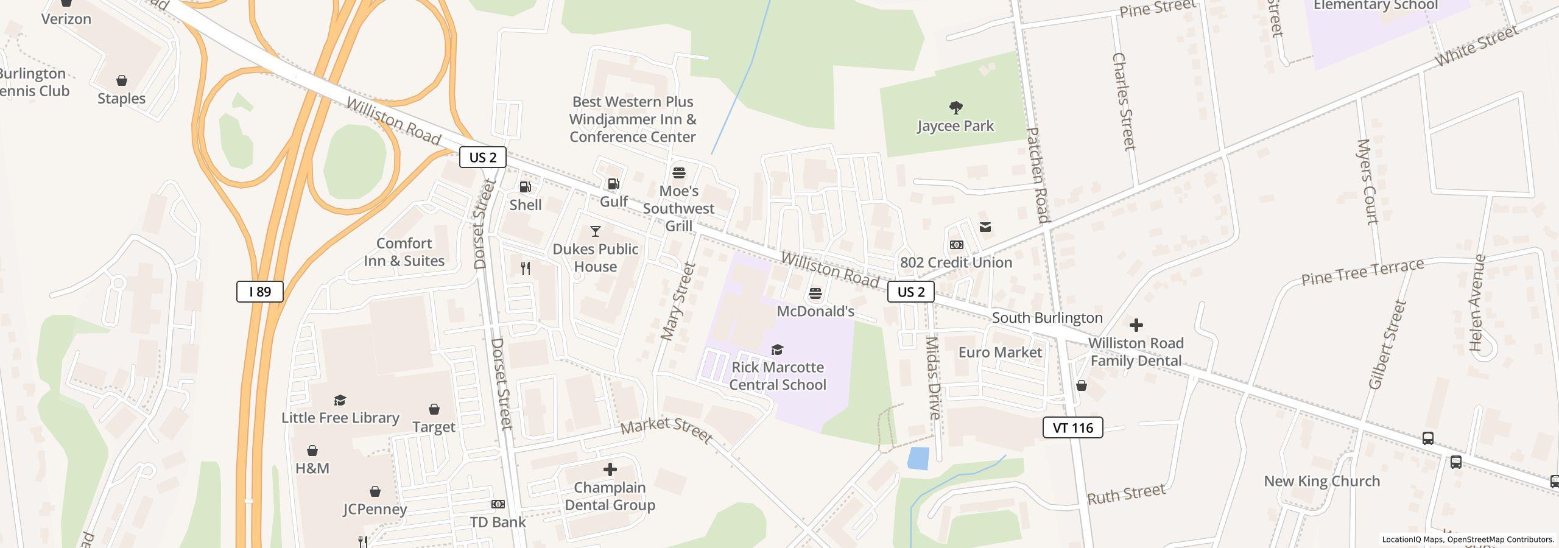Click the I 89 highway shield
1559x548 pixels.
click(x=260, y=292)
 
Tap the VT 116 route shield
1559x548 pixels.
click(x=1072, y=427)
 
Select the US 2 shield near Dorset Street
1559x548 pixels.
click(x=482, y=157)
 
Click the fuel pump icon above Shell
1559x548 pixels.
click(x=525, y=187)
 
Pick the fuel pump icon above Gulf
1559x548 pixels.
click(x=613, y=184)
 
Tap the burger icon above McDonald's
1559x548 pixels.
click(x=815, y=294)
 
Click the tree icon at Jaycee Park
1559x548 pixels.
click(x=955, y=108)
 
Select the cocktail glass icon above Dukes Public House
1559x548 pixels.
click(x=595, y=231)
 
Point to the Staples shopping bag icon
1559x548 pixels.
click(x=122, y=80)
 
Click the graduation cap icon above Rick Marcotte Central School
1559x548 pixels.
click(x=777, y=350)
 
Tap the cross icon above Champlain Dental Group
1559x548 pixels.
click(x=610, y=469)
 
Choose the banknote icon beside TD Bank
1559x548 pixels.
click(x=498, y=504)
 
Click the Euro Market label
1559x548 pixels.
click(x=999, y=353)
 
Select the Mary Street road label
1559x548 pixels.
click(x=678, y=301)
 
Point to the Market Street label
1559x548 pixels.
click(x=666, y=430)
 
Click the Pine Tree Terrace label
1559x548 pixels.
click(x=1362, y=272)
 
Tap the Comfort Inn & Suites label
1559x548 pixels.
click(x=404, y=252)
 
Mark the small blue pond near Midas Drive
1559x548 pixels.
click(x=918, y=458)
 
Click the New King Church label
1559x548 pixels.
click(x=1321, y=481)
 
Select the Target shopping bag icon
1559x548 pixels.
click(x=434, y=409)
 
